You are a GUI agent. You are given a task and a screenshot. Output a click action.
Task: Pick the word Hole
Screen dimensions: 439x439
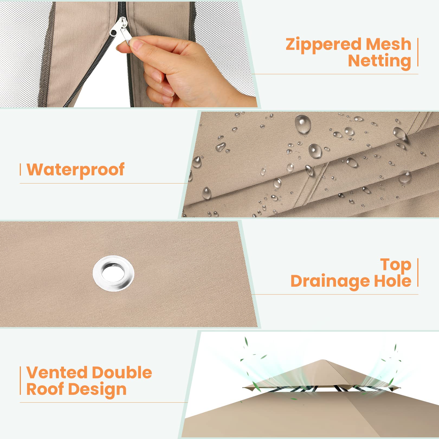pyautogui.click(x=393, y=281)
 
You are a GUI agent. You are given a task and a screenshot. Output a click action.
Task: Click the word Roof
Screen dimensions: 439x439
pyautogui.click(x=45, y=389)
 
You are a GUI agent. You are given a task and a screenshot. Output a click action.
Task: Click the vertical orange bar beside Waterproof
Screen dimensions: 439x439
pyautogui.click(x=20, y=169)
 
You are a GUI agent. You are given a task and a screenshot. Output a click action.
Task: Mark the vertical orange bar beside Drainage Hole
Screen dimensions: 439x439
pyautogui.click(x=418, y=272)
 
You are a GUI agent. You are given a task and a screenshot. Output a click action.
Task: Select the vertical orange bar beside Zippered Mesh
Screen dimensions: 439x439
pyautogui.click(x=418, y=52)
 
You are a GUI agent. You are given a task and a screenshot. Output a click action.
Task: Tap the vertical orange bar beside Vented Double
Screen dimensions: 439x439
pyautogui.click(x=20, y=380)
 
